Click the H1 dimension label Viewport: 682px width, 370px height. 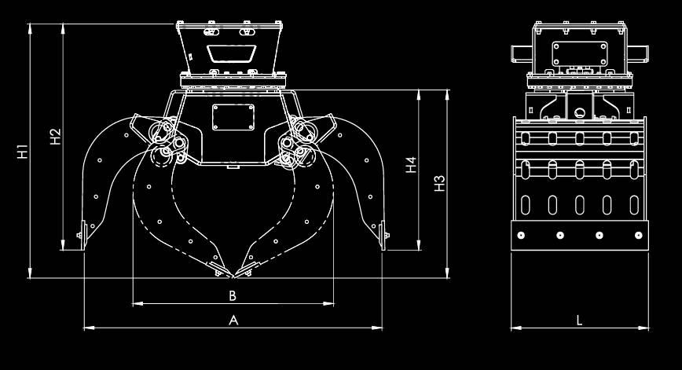coord(24,151)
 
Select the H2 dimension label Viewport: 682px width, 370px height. coord(55,136)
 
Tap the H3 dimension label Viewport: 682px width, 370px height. coord(440,182)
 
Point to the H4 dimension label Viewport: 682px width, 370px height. coord(410,166)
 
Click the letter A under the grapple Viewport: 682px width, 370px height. coord(233,320)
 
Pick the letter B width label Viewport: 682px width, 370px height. coord(233,295)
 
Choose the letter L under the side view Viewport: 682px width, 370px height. coord(579,320)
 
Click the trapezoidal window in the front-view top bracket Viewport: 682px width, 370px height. coord(231,53)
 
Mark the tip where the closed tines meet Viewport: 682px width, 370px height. coord(233,277)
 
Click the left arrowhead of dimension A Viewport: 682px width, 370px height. coord(86,327)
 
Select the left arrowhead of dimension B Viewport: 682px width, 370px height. coord(136,302)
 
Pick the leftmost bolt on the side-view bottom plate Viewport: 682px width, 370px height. coord(521,235)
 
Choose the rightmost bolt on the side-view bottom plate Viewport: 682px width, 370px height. coord(637,235)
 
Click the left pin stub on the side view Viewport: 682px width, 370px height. coord(521,53)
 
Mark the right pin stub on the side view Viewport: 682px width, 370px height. coord(639,53)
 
